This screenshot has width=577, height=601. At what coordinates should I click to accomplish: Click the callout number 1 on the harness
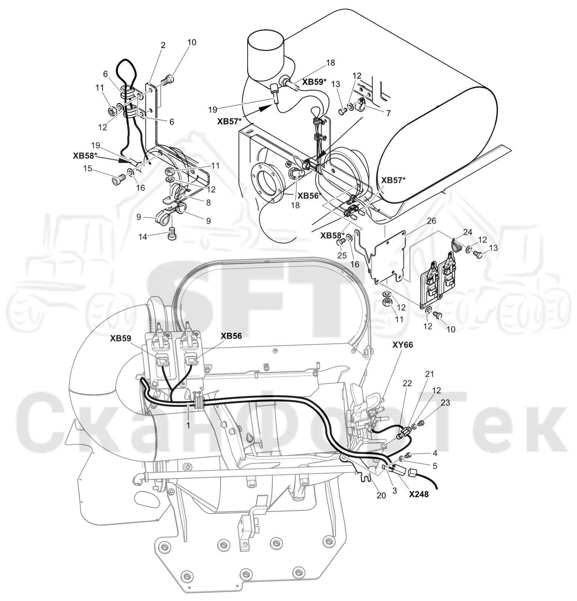pyautogui.click(x=188, y=426)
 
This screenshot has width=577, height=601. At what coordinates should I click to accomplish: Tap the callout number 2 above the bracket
pyautogui.click(x=163, y=45)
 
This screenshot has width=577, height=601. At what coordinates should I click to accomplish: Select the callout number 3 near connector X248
pyautogui.click(x=394, y=491)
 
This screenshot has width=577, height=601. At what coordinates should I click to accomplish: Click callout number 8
pyautogui.click(x=208, y=202)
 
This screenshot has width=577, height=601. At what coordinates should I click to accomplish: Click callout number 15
pyautogui.click(x=88, y=169)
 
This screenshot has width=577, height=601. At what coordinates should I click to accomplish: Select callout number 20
pyautogui.click(x=381, y=495)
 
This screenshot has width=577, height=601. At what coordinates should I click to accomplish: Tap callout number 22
pyautogui.click(x=407, y=383)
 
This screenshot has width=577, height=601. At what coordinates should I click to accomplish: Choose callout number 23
pyautogui.click(x=445, y=403)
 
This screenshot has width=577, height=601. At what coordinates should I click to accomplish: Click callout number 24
pyautogui.click(x=467, y=233)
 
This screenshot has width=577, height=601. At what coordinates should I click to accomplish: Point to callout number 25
pyautogui.click(x=342, y=255)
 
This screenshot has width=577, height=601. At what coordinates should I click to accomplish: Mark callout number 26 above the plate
pyautogui.click(x=432, y=221)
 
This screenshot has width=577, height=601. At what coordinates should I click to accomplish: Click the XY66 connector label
pyautogui.click(x=402, y=344)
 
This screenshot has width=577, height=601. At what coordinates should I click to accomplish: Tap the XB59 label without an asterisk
pyautogui.click(x=121, y=338)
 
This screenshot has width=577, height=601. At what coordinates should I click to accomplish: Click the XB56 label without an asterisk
pyautogui.click(x=231, y=336)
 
